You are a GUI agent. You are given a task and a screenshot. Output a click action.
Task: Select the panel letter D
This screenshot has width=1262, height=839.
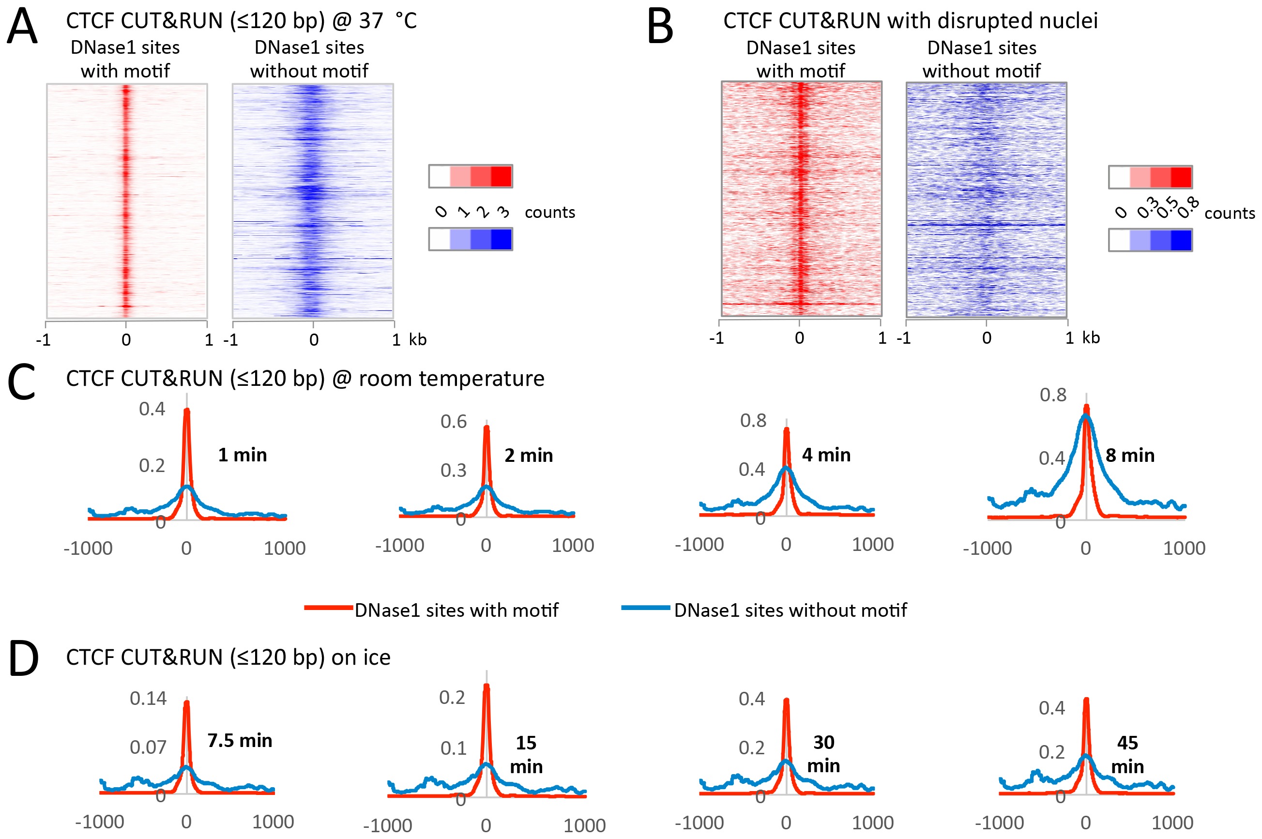point(24,659)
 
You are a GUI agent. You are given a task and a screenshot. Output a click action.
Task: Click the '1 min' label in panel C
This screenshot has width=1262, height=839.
point(243,455)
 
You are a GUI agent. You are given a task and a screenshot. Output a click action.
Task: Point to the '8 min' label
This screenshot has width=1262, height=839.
point(1130,456)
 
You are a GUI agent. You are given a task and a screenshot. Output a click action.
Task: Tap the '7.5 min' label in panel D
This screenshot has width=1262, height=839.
point(240,741)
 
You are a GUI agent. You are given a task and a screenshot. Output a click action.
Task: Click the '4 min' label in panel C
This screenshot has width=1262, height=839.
point(826,455)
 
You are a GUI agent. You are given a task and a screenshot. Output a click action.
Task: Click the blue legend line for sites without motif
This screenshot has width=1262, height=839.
point(646,608)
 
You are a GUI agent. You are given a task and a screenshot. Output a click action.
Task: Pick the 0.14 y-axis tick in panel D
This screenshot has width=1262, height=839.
point(148,698)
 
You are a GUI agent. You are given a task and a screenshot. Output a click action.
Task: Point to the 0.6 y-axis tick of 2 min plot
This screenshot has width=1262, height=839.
point(454,422)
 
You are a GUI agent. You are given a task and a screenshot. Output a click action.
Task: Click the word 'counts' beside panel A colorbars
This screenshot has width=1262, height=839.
point(549,213)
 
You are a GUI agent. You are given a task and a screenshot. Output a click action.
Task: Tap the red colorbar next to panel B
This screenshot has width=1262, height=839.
point(1150,177)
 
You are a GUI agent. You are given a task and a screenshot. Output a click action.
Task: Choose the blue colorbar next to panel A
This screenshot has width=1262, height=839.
point(470,239)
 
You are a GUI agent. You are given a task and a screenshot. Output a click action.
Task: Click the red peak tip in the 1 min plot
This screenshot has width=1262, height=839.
point(187,411)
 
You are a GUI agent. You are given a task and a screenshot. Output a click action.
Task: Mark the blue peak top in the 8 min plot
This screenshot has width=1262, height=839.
point(1085,416)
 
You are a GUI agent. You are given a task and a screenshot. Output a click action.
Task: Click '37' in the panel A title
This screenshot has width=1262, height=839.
point(371,21)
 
